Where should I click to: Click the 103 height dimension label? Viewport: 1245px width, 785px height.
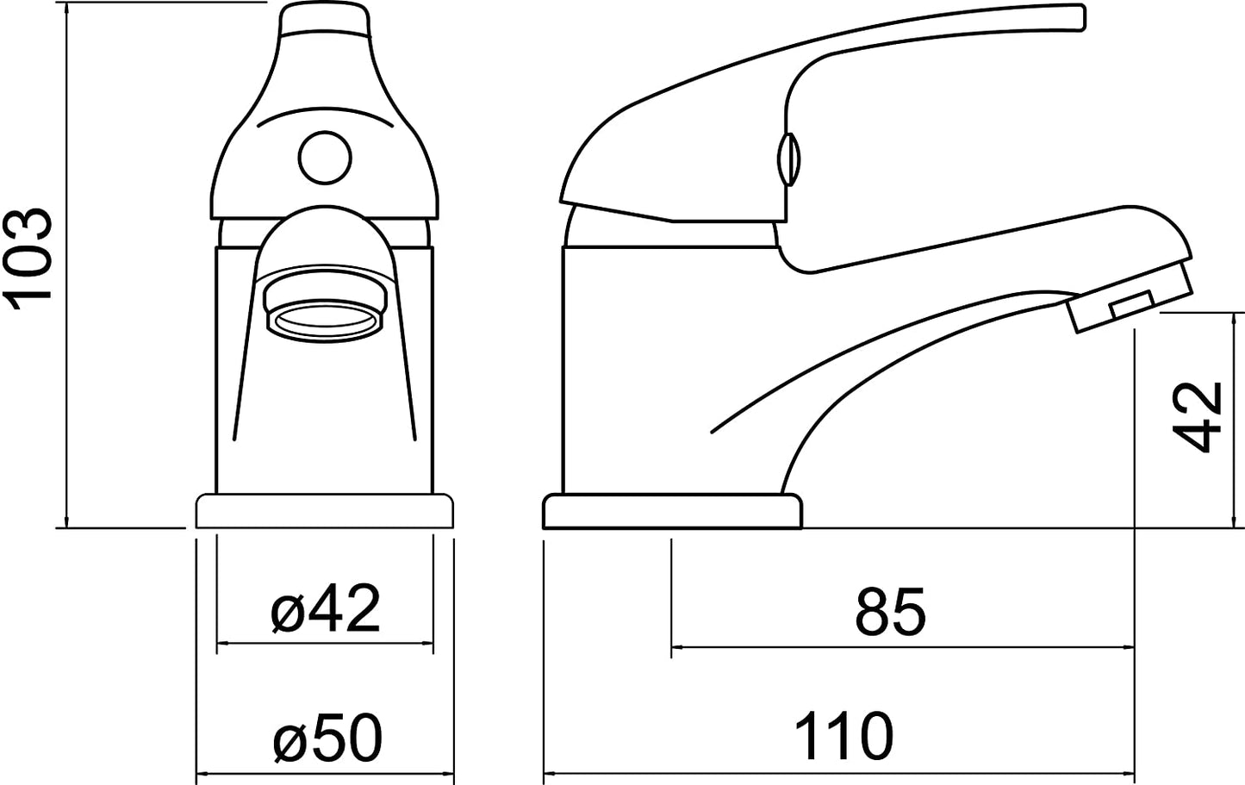click(x=29, y=260)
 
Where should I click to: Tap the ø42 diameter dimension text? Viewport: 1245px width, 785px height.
click(x=326, y=608)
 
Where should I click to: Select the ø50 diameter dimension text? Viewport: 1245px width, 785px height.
click(x=328, y=738)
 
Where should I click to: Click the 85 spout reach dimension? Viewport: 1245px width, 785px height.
click(x=890, y=612)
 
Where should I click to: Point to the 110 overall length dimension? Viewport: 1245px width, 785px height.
click(x=843, y=736)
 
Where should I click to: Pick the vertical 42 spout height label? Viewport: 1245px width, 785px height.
click(x=1198, y=417)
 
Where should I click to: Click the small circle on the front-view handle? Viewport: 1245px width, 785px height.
click(x=325, y=158)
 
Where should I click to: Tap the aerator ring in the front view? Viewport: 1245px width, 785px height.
click(x=325, y=321)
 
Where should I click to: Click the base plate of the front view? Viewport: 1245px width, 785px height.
click(x=325, y=511)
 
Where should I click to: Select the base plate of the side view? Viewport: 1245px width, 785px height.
click(x=672, y=512)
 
